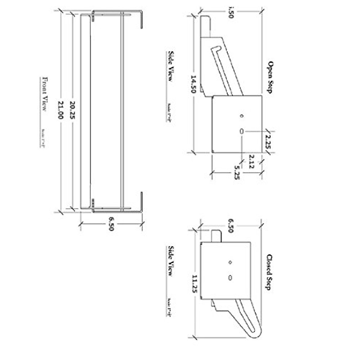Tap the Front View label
click(x=44, y=94)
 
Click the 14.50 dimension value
click(x=193, y=84)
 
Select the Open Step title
click(x=270, y=77)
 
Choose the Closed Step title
click(x=269, y=272)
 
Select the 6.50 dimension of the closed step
click(x=230, y=225)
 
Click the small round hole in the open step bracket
click(x=242, y=116)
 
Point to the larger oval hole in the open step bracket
click(x=242, y=131)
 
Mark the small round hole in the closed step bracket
click(x=230, y=262)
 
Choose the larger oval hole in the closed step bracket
click(x=230, y=278)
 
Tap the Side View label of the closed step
click(x=170, y=261)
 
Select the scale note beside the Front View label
click(x=42, y=138)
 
